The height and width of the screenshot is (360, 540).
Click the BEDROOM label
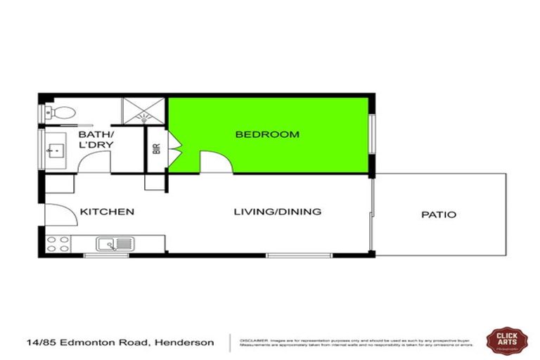point(266,134)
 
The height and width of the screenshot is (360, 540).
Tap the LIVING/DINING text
point(277,212)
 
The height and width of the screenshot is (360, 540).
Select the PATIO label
point(438,214)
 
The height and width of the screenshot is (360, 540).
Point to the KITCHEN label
point(107,212)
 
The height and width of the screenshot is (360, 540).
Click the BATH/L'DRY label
point(96,139)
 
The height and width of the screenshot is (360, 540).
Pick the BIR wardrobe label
point(156,150)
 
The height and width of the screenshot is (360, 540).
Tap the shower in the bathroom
point(143,111)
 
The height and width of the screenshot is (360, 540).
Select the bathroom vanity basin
point(53,150)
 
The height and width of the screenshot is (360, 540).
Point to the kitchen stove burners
point(58,244)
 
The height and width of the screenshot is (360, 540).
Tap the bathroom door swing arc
point(94,161)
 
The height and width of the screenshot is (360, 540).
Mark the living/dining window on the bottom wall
point(299,254)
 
